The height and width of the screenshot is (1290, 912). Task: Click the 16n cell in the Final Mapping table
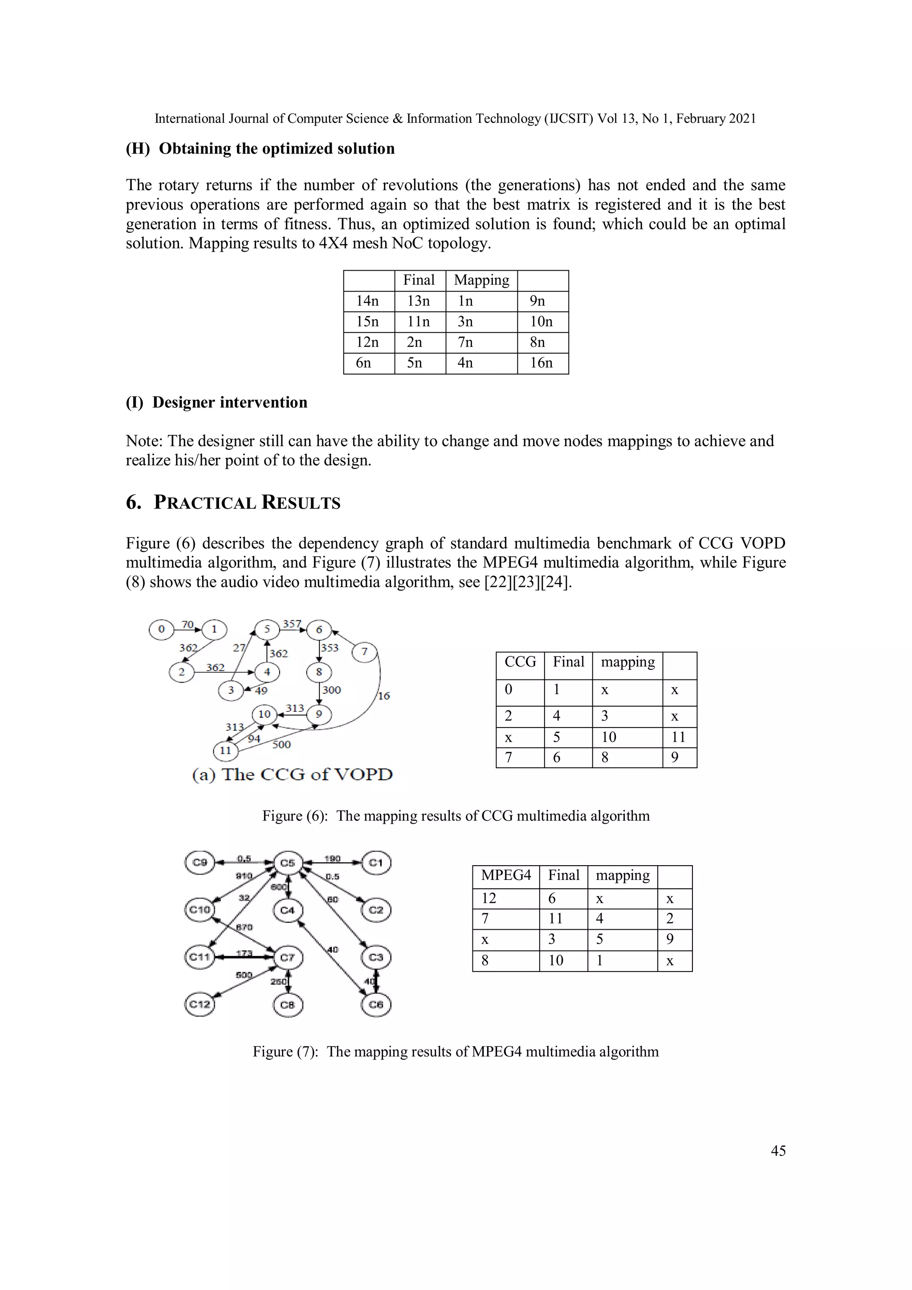(541, 363)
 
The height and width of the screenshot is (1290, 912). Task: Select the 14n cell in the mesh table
(367, 301)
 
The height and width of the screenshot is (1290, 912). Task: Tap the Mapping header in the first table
(481, 281)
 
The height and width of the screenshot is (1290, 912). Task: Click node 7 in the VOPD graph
(364, 652)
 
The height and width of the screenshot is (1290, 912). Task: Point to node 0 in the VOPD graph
(161, 629)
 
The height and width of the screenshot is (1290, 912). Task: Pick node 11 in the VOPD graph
(225, 751)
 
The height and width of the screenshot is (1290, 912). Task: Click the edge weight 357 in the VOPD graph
(292, 624)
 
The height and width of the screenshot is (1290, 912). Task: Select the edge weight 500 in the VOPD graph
(281, 745)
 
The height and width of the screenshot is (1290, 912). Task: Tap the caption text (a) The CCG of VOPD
(292, 775)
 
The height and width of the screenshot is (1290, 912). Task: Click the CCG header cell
(520, 663)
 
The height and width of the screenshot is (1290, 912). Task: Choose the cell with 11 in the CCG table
(679, 737)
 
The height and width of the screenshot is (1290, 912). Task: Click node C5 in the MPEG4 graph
(288, 863)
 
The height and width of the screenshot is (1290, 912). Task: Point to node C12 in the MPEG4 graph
(199, 1005)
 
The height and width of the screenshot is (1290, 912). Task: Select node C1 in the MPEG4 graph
(376, 863)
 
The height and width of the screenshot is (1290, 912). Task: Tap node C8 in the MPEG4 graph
(288, 1005)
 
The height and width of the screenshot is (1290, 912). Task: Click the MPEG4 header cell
(506, 875)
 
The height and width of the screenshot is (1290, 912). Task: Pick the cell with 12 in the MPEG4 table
(489, 899)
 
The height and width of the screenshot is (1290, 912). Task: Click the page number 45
(778, 1151)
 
